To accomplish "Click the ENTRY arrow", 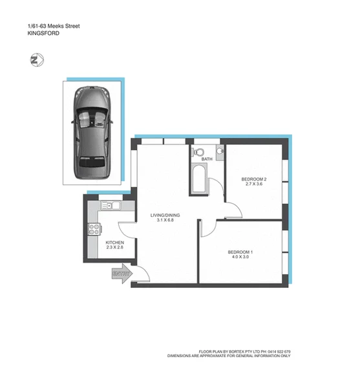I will pos(121,274).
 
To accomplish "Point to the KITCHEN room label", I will pos(114,243).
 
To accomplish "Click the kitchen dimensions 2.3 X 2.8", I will pos(114,248).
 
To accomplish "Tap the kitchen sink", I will pos(110,206).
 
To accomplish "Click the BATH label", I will pos(207,159).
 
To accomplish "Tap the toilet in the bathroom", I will pos(196,153).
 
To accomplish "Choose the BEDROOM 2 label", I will pos(254,179).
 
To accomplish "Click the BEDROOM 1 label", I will pos(240,252).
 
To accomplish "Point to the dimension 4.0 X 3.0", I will pos(240,258).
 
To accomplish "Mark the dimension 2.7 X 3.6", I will pos(254,185).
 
